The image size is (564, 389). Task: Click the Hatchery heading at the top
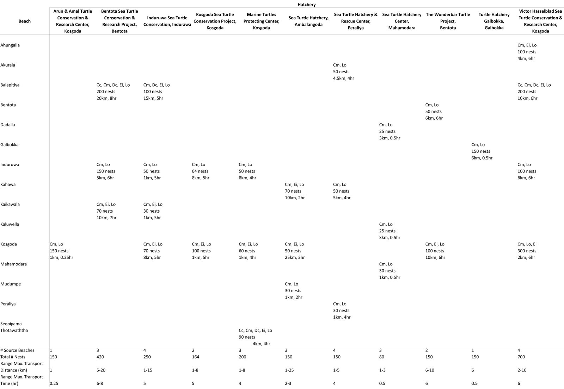306,5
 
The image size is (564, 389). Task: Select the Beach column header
24,21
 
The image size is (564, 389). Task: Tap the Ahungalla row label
10,45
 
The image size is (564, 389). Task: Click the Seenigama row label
11,324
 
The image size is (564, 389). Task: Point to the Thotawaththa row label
14,330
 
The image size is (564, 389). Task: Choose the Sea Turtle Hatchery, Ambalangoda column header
308,21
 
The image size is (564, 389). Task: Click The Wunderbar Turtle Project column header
448,21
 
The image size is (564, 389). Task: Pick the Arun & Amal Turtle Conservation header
73,21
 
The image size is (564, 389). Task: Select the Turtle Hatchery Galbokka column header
494,21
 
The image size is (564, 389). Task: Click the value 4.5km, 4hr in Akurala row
343,78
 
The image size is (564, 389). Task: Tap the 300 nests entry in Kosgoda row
527,251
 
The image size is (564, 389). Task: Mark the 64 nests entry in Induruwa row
200,171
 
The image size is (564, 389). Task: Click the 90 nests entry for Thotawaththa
247,337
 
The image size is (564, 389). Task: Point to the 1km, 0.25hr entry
61,257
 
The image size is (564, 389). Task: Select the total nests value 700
521,357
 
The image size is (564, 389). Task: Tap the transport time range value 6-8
100,383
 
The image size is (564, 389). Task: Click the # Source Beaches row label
18,350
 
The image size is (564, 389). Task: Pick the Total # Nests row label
13,357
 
